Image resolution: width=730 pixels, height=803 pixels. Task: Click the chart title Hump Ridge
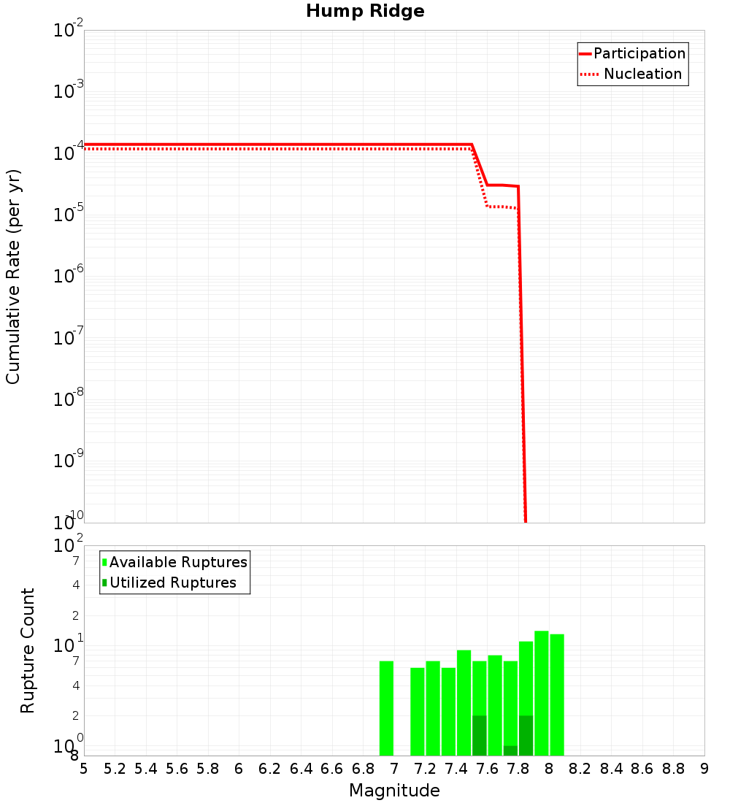tap(365, 11)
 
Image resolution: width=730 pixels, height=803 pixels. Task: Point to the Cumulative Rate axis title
tap(13, 277)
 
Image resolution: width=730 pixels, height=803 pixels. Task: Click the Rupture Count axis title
tap(28, 650)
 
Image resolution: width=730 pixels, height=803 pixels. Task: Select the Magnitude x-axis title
tap(394, 791)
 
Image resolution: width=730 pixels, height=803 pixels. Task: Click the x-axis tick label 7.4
tap(456, 769)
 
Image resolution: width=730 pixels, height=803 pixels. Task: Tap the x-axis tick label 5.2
tap(115, 769)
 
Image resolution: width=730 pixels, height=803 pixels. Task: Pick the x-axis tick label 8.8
tap(673, 769)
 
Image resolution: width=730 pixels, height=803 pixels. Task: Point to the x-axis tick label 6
tap(239, 769)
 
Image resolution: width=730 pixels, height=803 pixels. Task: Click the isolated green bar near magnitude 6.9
tap(386, 708)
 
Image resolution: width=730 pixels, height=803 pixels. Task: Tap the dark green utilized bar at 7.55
tap(480, 736)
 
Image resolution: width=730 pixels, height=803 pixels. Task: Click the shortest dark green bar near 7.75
tap(510, 750)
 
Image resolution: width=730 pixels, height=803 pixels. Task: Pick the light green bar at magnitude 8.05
tap(557, 693)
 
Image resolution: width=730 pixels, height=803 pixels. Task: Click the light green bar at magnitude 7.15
tap(418, 712)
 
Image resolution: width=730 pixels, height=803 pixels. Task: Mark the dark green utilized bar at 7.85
tap(526, 736)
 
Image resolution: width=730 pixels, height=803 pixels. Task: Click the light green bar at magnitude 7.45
tap(464, 701)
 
